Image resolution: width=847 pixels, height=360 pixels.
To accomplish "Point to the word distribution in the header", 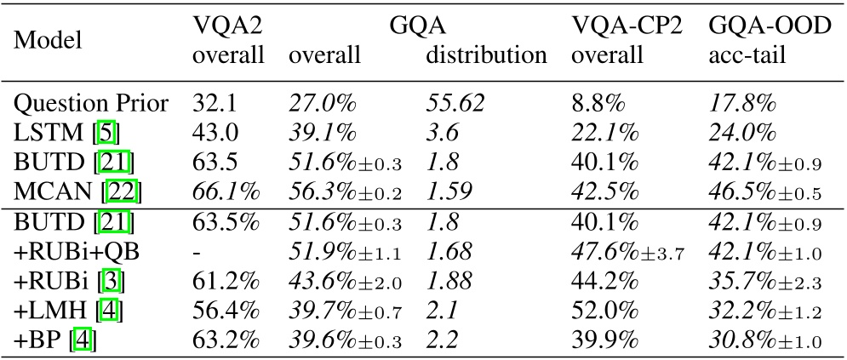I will (x=486, y=56).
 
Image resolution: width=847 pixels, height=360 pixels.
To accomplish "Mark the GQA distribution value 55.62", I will (x=455, y=104).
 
